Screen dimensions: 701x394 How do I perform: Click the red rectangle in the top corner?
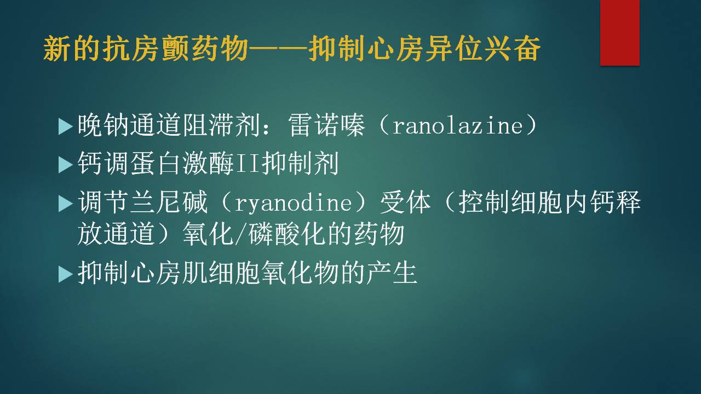[619, 32]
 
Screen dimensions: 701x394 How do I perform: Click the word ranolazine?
[457, 126]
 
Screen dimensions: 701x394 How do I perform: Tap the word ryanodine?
[293, 202]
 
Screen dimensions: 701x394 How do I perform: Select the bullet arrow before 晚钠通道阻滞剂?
[65, 126]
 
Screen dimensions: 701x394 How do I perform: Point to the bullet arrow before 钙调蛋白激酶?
[65, 165]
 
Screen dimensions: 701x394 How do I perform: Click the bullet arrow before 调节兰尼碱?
[65, 204]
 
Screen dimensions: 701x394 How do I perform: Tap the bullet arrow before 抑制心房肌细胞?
[65, 275]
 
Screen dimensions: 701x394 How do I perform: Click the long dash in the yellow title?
[278, 49]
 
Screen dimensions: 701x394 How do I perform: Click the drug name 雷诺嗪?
[327, 126]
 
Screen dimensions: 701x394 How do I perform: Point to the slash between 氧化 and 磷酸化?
[242, 234]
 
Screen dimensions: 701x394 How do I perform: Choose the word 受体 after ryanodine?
[406, 202]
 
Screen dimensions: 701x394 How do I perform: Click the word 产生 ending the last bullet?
[391, 273]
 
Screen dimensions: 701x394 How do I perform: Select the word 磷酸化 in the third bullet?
[288, 234]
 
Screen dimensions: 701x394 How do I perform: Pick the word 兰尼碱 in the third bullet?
[169, 202]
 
